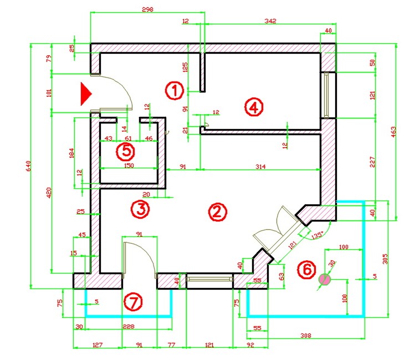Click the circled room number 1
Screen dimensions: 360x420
pyautogui.click(x=175, y=90)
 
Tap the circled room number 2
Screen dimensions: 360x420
pyautogui.click(x=217, y=212)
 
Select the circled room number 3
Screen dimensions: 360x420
pyautogui.click(x=140, y=209)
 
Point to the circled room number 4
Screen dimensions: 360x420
pyautogui.click(x=253, y=107)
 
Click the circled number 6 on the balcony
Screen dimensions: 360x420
pyautogui.click(x=305, y=270)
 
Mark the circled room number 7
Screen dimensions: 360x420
pyautogui.click(x=133, y=302)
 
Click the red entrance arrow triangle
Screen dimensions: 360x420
pyautogui.click(x=85, y=94)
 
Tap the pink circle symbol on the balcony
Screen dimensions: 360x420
pyautogui.click(x=325, y=280)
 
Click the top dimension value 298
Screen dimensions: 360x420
pyautogui.click(x=147, y=9)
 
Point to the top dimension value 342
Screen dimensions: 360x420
pyautogui.click(x=270, y=21)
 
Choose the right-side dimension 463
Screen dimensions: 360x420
pyautogui.click(x=394, y=131)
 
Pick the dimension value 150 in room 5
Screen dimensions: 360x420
pyautogui.click(x=129, y=165)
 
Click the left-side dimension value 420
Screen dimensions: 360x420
pyautogui.click(x=49, y=192)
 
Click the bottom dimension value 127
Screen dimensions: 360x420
pyautogui.click(x=98, y=345)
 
